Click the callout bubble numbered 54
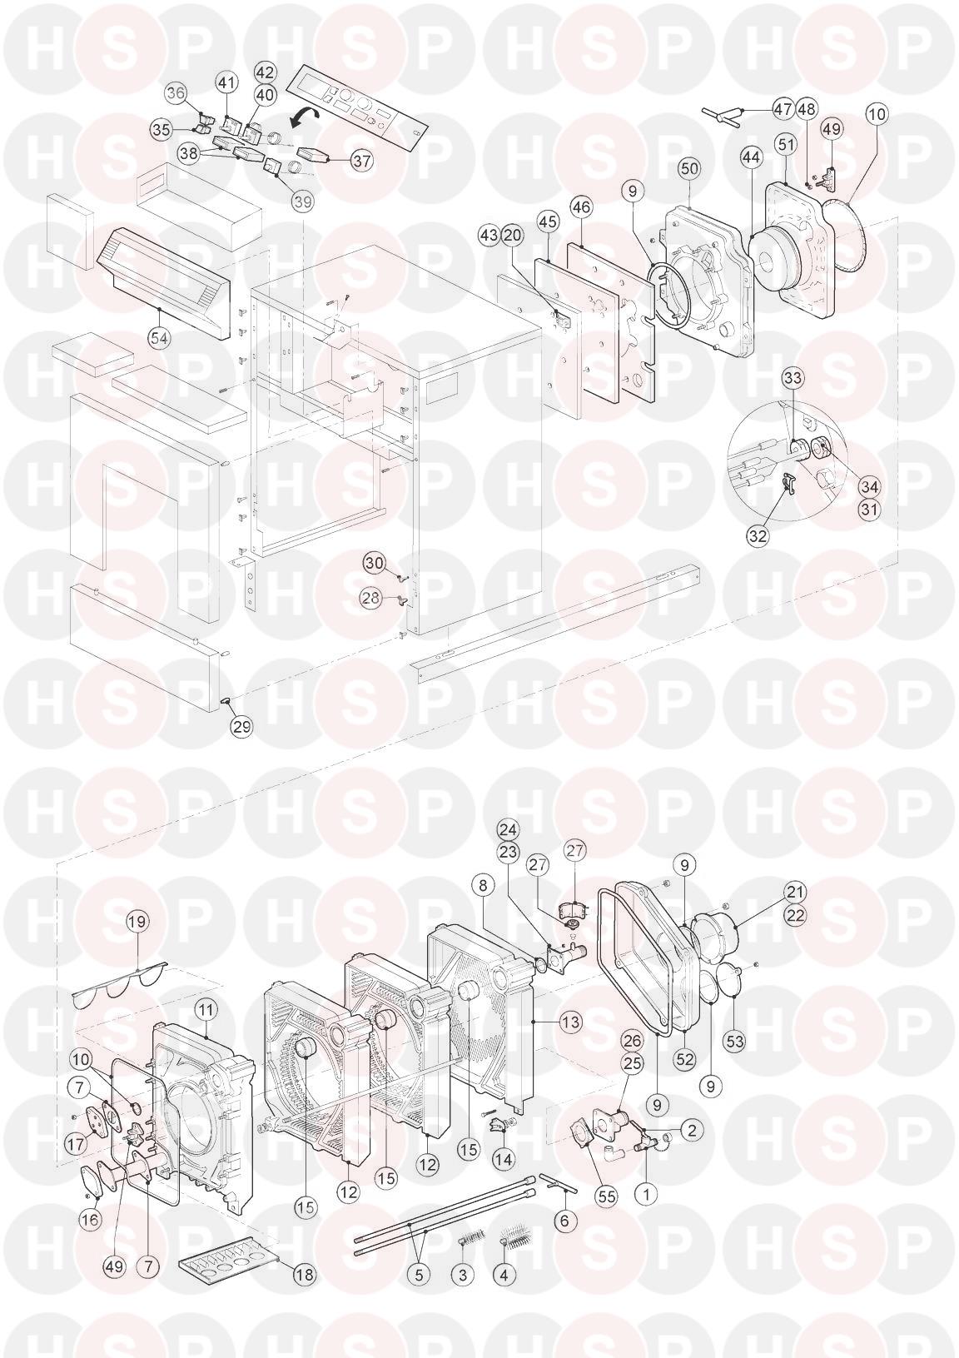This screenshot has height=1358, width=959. [x=159, y=339]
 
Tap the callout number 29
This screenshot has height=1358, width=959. [x=242, y=726]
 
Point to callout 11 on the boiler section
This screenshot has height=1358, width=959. [x=206, y=1010]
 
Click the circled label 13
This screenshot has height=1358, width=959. [x=570, y=1022]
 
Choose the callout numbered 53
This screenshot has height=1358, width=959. [x=735, y=1042]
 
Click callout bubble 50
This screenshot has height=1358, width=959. [x=690, y=168]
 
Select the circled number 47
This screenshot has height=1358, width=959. [x=783, y=109]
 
